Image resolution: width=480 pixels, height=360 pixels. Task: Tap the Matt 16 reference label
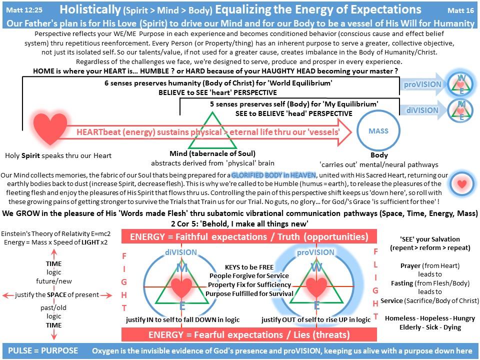click(x=459, y=9)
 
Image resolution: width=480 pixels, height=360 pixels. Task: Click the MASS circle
click(x=378, y=131)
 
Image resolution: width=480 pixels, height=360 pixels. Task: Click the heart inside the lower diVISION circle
click(x=181, y=288)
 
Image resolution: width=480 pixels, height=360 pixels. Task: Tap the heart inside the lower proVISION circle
click(x=316, y=288)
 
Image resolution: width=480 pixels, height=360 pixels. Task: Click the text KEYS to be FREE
click(x=248, y=267)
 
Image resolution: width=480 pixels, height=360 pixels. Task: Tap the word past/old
click(x=53, y=307)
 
